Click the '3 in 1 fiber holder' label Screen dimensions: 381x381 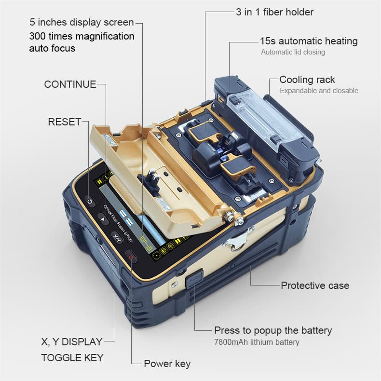click(x=274, y=12)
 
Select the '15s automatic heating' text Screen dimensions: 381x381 click(x=309, y=41)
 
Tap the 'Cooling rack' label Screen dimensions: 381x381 click(x=307, y=80)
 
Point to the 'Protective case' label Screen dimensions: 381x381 click(x=315, y=286)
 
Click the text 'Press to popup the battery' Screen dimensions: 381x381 click(x=273, y=330)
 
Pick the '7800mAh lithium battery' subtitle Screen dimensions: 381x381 click(x=257, y=342)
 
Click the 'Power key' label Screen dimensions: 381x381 click(x=167, y=364)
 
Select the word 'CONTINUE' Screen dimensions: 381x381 click(x=70, y=84)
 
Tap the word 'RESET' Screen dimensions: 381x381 click(x=64, y=122)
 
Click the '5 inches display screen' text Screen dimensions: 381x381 click(x=82, y=23)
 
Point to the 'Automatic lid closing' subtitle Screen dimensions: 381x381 click(x=293, y=52)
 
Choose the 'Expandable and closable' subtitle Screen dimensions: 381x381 click(x=319, y=91)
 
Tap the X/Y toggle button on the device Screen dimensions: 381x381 click(x=117, y=237)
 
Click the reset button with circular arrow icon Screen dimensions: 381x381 click(x=90, y=200)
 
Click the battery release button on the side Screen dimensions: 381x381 click(x=194, y=278)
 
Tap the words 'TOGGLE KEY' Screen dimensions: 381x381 click(x=72, y=357)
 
